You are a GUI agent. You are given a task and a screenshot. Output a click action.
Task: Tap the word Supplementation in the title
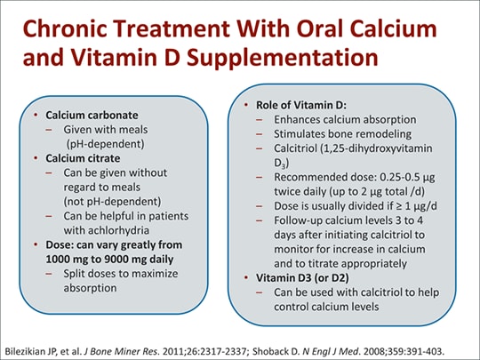(x=282, y=59)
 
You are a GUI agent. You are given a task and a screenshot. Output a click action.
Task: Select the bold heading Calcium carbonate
(x=92, y=115)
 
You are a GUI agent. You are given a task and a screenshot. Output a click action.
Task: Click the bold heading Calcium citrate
(x=83, y=158)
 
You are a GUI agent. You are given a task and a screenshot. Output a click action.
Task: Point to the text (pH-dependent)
(x=105, y=144)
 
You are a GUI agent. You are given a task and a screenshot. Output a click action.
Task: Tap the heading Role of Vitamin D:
(x=301, y=105)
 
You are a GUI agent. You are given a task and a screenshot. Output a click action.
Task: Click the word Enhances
(x=296, y=119)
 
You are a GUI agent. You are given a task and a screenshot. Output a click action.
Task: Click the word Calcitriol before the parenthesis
(x=295, y=148)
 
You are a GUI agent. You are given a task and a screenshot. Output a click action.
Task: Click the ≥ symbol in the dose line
(x=398, y=206)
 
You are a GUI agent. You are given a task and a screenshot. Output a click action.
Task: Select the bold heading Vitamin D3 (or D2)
(x=302, y=278)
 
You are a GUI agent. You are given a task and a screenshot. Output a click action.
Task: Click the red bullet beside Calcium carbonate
(x=36, y=115)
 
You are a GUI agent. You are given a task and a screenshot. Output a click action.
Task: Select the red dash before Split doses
(x=49, y=274)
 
